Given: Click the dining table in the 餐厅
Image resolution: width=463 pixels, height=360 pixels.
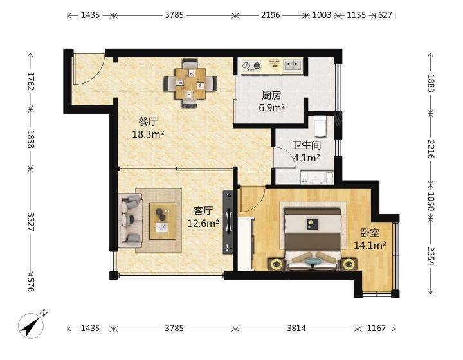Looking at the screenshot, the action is pos(190,83).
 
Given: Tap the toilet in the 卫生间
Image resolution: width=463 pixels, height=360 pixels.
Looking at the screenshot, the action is pos(320,126).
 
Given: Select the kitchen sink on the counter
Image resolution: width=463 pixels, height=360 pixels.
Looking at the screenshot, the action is pos(293,65).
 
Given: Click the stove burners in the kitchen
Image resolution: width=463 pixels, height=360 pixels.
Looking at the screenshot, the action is pos(251,65).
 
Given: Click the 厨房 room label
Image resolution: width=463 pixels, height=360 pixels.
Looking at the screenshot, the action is pos(271,95).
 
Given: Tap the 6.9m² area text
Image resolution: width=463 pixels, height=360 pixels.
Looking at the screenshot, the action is pos(271,108).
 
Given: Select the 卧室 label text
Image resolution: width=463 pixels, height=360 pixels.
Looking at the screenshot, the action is pos(370,233).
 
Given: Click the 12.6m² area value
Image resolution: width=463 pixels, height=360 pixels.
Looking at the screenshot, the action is pos(203,223).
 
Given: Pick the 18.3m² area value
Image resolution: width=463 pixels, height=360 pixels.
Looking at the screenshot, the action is pos(149,134).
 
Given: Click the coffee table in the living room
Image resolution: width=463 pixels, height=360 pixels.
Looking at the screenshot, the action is pos(163,221).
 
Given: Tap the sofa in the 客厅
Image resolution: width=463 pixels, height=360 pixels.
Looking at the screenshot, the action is pos(131,220).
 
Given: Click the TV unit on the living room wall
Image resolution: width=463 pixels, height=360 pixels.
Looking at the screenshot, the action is pos(228,222).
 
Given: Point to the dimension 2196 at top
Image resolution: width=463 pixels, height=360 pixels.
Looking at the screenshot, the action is pos(271,15).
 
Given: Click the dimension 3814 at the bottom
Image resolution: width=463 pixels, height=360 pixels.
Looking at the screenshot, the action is pos(296,328).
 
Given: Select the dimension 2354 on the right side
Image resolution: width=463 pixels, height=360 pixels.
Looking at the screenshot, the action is pos(431,256).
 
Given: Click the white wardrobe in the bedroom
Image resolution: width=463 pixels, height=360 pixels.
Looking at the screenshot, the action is pos(246,244).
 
